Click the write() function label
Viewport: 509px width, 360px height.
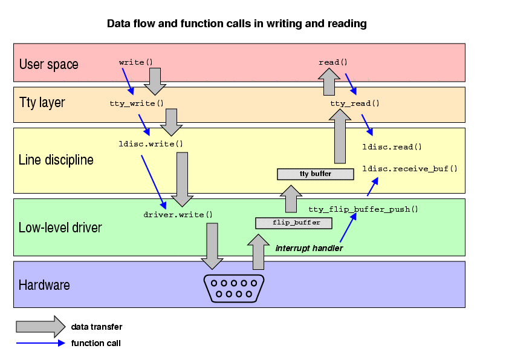[135, 62]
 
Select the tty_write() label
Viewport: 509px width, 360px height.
[137, 103]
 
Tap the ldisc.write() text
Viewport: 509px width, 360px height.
[151, 144]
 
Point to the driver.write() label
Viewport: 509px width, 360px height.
[178, 214]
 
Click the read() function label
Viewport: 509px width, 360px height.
[333, 62]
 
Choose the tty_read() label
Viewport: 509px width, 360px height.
[355, 103]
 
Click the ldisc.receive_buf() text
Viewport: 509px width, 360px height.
[410, 168]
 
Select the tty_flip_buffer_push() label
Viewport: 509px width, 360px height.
[363, 209]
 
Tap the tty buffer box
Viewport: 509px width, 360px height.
[315, 174]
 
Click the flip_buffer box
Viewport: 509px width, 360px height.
[294, 223]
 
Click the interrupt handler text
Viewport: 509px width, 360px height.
[309, 248]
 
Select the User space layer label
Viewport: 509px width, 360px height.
[48, 64]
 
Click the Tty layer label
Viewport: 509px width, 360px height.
[42, 103]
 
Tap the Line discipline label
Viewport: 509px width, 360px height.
[56, 160]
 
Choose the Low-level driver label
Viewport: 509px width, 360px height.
[60, 228]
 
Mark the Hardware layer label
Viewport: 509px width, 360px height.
[44, 285]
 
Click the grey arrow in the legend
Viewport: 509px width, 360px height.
[40, 327]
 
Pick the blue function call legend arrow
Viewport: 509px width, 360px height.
[40, 343]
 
